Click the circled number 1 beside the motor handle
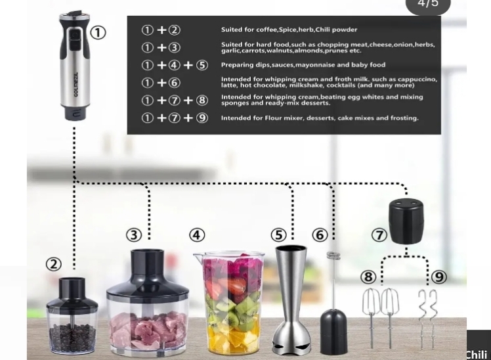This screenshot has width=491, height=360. [x=98, y=33]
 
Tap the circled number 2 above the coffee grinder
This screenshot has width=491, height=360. [x=54, y=264]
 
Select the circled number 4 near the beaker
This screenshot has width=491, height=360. [x=197, y=235]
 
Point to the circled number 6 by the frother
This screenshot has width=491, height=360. [x=320, y=235]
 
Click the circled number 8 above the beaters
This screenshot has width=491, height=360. [x=368, y=277]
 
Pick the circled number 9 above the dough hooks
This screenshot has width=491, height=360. [x=438, y=277]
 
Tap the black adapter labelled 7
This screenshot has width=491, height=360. [x=406, y=221]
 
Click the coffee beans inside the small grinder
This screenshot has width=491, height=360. [x=72, y=338]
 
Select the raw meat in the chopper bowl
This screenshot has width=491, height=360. [x=148, y=330]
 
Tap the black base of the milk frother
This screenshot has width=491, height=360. [x=334, y=332]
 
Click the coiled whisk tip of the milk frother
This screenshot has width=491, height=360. [x=333, y=256]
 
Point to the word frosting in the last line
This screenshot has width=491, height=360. [x=404, y=118]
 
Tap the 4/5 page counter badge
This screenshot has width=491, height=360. [x=428, y=5]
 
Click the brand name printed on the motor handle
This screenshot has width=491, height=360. [x=76, y=85]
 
